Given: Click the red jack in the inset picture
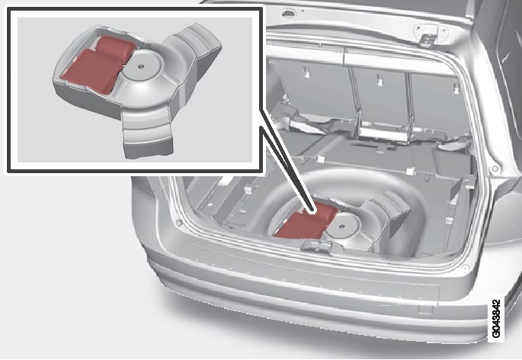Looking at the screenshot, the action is pos(98,64).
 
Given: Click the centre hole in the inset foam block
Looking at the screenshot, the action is pos(141,66).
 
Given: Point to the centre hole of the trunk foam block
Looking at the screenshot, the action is pos(342,226).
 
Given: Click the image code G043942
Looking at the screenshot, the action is pos(496,319).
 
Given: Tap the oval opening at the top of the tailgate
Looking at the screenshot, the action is pos(288,14).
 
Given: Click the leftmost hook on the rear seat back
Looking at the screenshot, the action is pos(306,72).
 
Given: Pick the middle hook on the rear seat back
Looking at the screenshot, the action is pos(379,80).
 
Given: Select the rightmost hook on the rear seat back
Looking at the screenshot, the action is pos(456,88).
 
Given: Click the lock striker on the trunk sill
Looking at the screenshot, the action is pos(315,246).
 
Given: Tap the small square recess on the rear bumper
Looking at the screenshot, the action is pos(424,310).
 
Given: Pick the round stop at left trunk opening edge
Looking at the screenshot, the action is pos(180,222).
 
